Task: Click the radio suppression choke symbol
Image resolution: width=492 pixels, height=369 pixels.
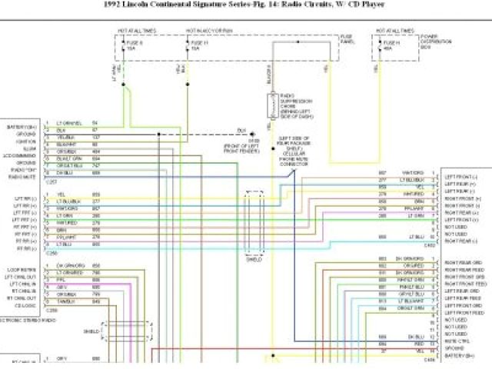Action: coord(272,104)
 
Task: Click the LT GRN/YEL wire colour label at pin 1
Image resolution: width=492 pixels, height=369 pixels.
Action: coord(69,124)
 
